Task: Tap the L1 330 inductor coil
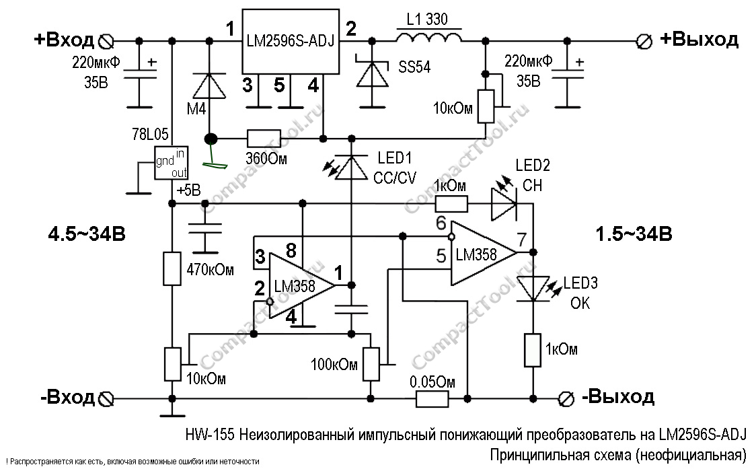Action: point(429,39)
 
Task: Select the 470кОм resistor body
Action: point(172,269)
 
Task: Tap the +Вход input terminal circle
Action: point(105,42)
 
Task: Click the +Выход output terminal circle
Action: point(644,42)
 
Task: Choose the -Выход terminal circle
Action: point(567,398)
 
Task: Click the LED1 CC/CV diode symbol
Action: point(350,166)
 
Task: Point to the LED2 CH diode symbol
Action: point(504,203)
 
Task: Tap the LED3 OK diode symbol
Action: point(532,289)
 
